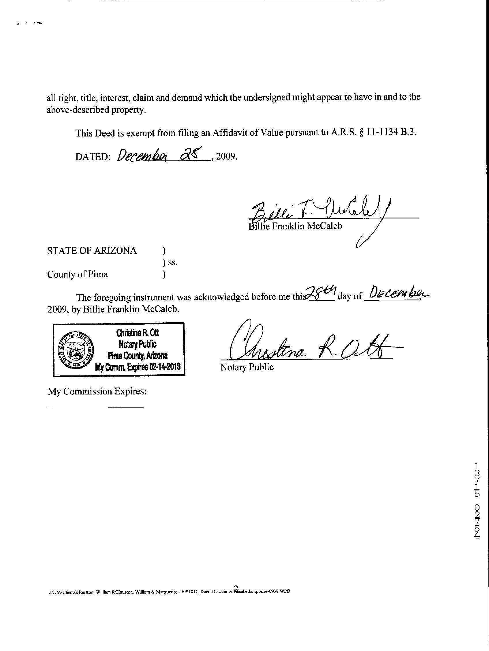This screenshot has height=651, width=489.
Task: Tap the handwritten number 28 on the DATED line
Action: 192,153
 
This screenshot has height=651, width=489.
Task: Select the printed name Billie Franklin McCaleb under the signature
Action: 295,226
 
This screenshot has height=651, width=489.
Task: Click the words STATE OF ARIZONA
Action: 92,250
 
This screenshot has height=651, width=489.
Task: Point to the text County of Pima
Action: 78,274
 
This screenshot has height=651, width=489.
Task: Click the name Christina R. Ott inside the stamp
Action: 138,333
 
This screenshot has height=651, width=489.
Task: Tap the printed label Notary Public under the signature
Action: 247,367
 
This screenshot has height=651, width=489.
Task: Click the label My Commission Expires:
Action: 97,391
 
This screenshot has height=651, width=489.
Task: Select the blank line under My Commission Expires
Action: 96,407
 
